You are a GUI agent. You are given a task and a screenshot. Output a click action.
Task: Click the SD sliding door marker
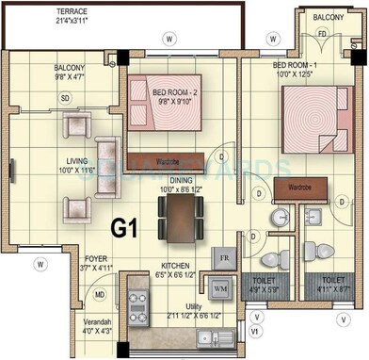pyautogui.click(x=65, y=98)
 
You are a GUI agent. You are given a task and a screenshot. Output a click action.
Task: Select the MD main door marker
pyautogui.click(x=99, y=294)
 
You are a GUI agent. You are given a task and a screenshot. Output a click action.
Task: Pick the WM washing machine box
pyautogui.click(x=220, y=287)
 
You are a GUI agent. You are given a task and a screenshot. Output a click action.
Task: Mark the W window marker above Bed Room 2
pyautogui.click(x=168, y=39)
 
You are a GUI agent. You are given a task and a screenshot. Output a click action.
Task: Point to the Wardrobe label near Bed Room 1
pyautogui.click(x=300, y=186)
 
